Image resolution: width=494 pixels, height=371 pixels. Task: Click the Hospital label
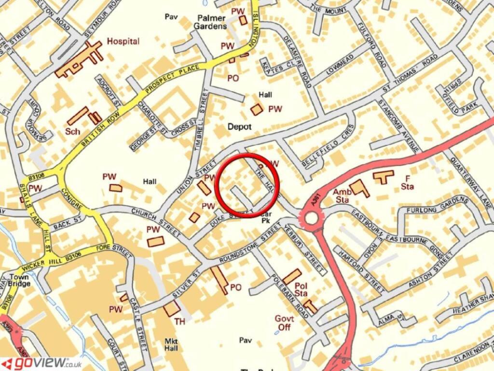coord(123,42)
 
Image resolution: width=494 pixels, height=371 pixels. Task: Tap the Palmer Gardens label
coord(211,22)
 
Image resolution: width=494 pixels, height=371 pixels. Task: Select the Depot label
coord(240,127)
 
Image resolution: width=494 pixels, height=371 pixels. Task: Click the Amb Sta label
coord(341,195)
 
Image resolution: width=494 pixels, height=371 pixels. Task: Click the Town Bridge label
coord(19,281)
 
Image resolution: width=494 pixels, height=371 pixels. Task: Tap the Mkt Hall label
coord(171,344)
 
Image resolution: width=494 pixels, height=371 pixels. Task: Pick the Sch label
coord(72,131)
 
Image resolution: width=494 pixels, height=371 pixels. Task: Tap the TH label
coord(179,321)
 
